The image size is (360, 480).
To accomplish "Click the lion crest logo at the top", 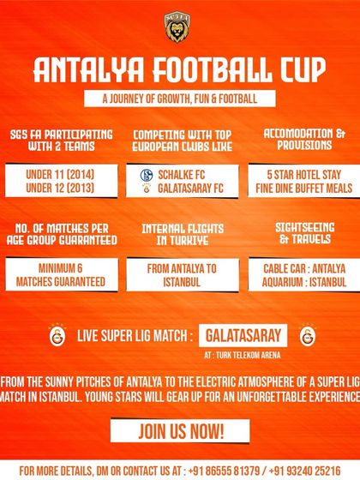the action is [x=177, y=27].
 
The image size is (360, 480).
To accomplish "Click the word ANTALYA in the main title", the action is [x=88, y=69].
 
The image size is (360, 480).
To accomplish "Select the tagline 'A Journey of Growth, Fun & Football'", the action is [x=180, y=99].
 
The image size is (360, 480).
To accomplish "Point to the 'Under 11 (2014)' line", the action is [x=60, y=175].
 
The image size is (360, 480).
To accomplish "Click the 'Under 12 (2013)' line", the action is [x=60, y=188].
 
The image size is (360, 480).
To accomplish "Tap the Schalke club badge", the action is [x=147, y=175].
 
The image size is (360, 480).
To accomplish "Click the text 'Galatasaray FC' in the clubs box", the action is [x=190, y=189].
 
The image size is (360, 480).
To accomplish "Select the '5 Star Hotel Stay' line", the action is [x=304, y=175].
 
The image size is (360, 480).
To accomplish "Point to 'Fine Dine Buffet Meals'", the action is [x=304, y=188].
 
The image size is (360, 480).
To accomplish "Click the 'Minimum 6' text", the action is [x=60, y=268].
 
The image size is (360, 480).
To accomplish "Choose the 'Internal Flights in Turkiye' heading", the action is [x=183, y=235].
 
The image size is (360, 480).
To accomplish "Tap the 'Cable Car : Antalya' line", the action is [x=304, y=269].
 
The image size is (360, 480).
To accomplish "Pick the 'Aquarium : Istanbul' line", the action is [x=304, y=282].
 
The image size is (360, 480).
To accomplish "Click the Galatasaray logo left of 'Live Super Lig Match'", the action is [x=57, y=335].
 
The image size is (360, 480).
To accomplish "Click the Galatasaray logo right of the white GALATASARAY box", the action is [x=308, y=335].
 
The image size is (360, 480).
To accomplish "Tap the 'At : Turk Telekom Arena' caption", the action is [x=242, y=355].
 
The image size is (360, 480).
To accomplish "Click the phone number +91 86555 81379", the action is [x=224, y=471].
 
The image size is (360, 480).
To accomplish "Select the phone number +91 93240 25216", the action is [x=305, y=471].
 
